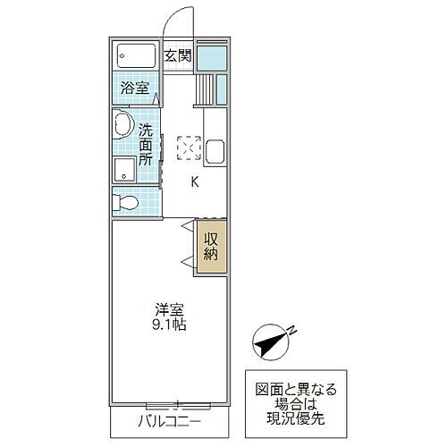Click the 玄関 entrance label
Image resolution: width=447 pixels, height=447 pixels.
[x=177, y=55]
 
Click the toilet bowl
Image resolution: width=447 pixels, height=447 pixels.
[x=125, y=202]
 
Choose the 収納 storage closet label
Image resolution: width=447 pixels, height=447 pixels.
[x=211, y=247]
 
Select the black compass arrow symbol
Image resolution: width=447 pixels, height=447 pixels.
[x=271, y=341]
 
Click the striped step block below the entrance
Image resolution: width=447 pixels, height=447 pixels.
[x=204, y=89]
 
